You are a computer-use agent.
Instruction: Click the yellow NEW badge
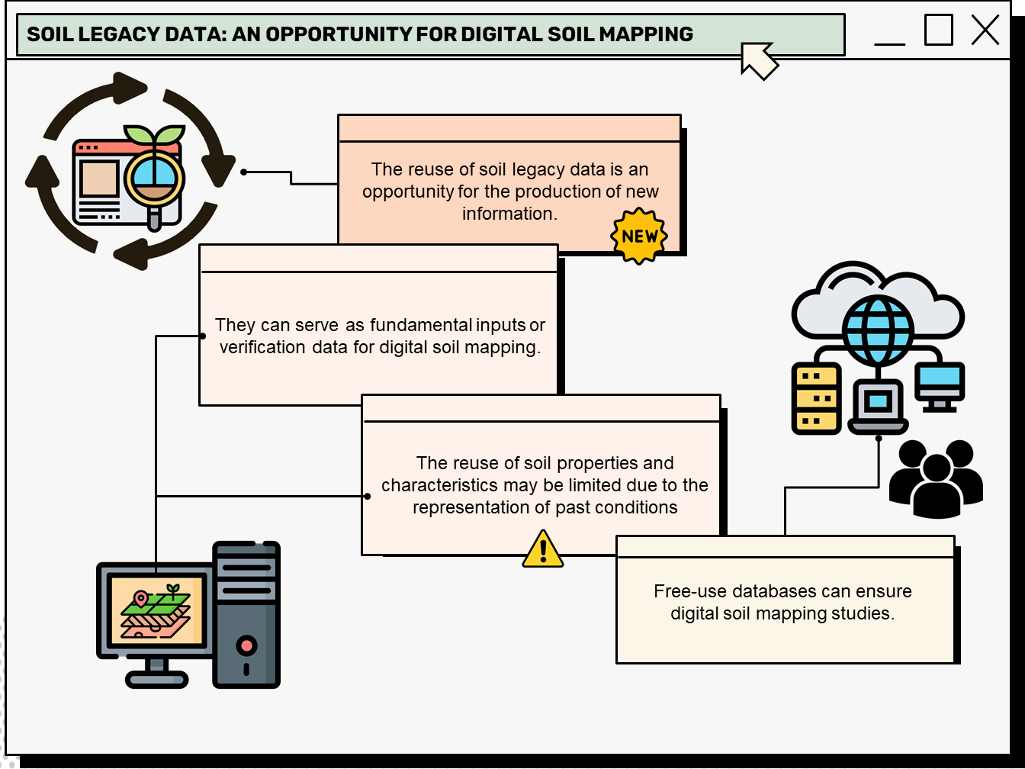coord(639,236)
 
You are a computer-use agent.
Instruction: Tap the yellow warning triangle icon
coord(543,550)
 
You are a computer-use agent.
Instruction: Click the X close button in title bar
coord(985,31)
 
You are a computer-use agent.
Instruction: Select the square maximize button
coord(938,31)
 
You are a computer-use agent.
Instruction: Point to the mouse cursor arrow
coord(758,60)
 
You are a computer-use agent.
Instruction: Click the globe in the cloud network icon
coord(877,330)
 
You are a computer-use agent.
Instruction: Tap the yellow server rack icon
coord(816,398)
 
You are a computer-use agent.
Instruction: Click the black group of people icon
coord(936,478)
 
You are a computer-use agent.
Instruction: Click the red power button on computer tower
coord(246,645)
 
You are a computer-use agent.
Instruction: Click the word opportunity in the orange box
coord(408,191)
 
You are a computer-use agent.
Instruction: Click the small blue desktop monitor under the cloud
coord(940,383)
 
